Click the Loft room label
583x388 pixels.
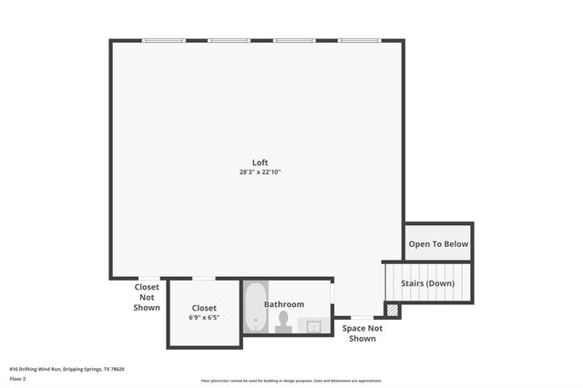[x=260, y=162]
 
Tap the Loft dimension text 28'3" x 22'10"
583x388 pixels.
[x=260, y=171]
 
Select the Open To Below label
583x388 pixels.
[x=438, y=244]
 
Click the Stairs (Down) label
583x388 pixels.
[x=428, y=283]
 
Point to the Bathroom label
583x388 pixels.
[x=284, y=304]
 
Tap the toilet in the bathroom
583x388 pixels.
[x=283, y=321]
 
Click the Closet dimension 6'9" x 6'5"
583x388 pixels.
[x=204, y=318]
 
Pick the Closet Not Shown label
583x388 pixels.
[x=148, y=298]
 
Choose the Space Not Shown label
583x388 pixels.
[x=362, y=332]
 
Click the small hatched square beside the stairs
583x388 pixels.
[x=392, y=310]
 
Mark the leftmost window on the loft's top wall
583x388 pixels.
[x=164, y=40]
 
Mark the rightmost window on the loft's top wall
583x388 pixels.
[x=360, y=40]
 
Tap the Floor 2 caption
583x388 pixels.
[x=17, y=378]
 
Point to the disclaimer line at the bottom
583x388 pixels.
[x=291, y=381]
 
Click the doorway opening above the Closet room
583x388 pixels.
[x=204, y=278]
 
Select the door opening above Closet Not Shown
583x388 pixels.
[x=148, y=278]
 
